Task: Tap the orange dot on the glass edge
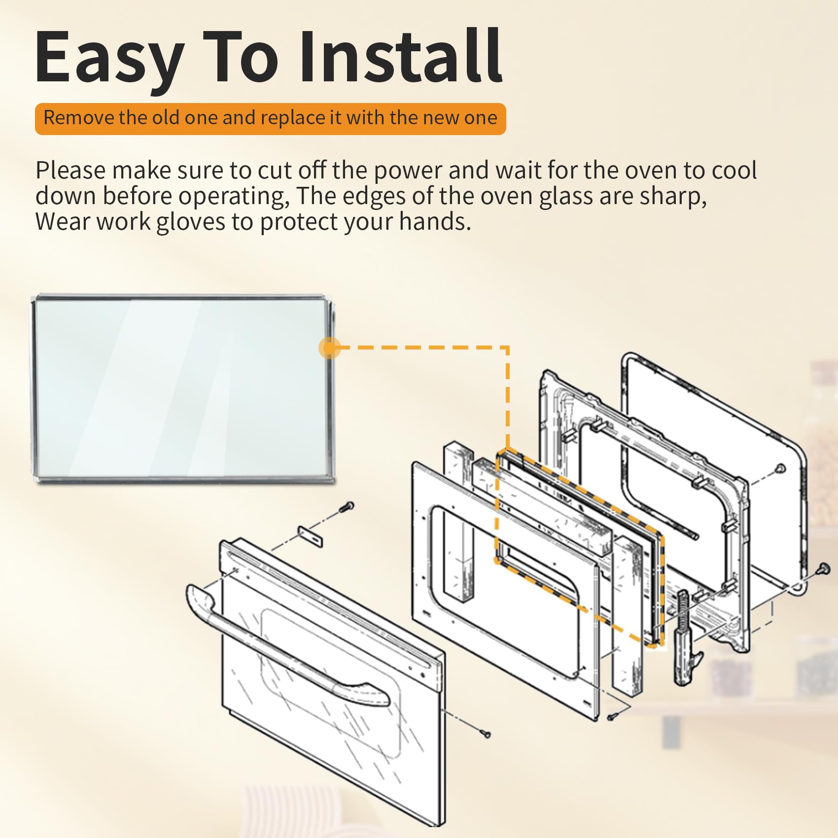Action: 329,349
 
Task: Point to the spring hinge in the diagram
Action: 684,636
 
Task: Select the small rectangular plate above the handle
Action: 311,536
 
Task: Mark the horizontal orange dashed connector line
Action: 419,348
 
